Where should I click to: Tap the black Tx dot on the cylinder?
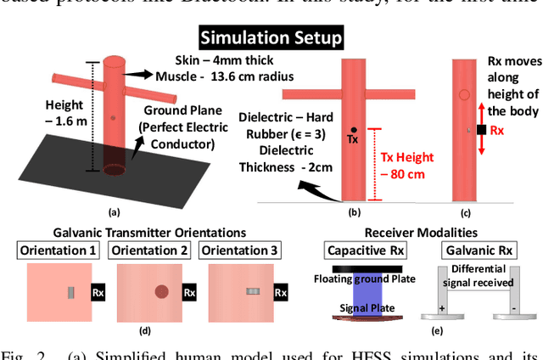tap(354, 131)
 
